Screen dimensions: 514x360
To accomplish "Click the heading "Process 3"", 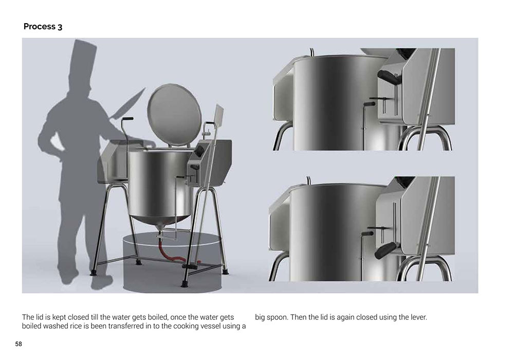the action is point(43,27).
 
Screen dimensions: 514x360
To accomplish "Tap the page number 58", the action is point(19,344).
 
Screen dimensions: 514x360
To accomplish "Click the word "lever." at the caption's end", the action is point(418,317).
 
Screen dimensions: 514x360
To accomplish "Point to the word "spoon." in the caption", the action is point(278,318).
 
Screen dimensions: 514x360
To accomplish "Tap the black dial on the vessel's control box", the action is point(199,151).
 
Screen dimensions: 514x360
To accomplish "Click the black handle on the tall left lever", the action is point(128,119).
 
